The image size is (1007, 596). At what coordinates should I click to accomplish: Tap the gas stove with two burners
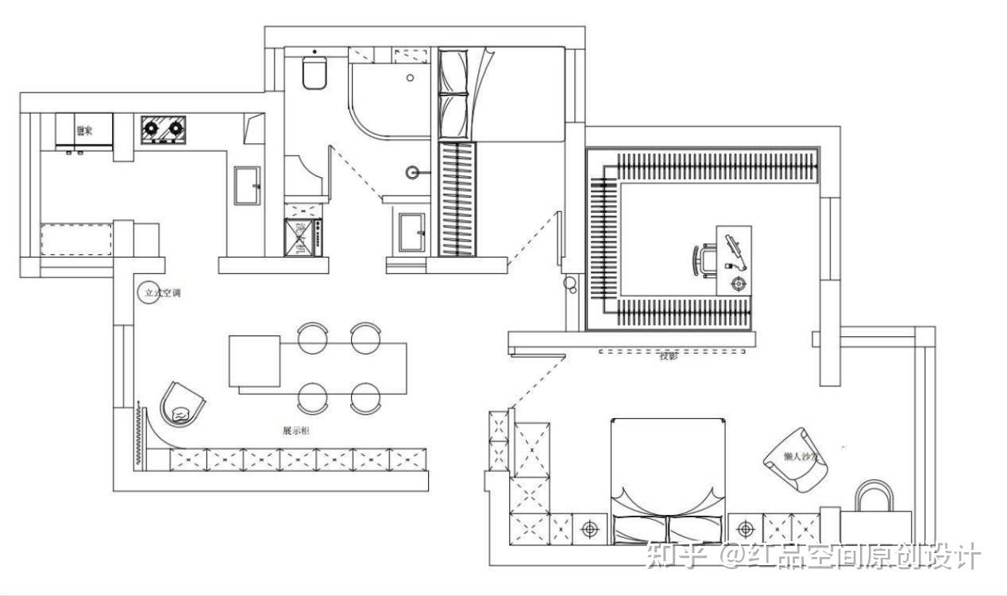[164, 129]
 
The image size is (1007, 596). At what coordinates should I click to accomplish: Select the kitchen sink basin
[247, 186]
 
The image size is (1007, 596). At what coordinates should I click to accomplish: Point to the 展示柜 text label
[296, 431]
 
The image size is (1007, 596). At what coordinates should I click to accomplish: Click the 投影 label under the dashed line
[668, 357]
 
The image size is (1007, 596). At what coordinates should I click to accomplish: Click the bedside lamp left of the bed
[589, 528]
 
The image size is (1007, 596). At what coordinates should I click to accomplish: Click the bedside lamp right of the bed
[745, 528]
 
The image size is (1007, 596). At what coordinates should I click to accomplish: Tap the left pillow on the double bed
[639, 528]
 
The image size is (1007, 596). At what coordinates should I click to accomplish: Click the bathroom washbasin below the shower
[411, 231]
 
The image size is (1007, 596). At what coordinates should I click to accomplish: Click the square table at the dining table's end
[255, 362]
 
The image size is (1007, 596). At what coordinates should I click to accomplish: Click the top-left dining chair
[313, 337]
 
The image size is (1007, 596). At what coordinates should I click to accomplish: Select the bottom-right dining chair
[366, 397]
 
